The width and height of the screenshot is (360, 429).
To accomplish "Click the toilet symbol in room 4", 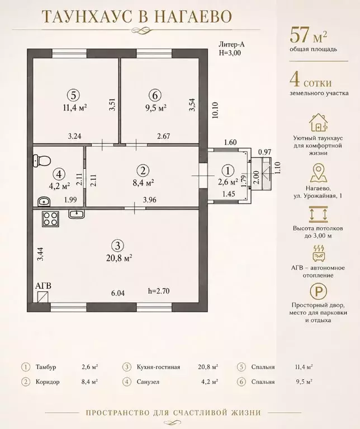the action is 41,161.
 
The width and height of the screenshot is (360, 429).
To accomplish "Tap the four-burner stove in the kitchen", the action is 50,219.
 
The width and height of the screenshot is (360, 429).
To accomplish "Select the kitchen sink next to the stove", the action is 77,214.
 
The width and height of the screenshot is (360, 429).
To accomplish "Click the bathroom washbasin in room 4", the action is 44,201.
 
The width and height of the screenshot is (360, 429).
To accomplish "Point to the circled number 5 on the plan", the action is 73,96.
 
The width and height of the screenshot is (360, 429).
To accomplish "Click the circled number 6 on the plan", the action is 155,96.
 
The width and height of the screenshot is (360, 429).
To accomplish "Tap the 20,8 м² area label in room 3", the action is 120,257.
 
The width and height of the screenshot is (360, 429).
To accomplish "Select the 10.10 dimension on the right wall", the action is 215,110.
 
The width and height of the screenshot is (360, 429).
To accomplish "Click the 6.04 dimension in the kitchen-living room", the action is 118,293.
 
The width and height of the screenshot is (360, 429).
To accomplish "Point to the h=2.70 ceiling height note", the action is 159,291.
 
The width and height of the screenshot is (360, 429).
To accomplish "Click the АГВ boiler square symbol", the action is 43,297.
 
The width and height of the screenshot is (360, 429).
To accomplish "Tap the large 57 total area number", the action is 300,35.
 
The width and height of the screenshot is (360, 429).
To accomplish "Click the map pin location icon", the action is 319,173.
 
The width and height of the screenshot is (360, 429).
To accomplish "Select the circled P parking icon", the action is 319,291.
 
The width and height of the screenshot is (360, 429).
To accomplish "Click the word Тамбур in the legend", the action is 46,367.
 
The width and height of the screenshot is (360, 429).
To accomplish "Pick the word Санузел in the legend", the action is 148,381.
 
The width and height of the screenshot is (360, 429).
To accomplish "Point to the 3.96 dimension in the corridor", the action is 149,200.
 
